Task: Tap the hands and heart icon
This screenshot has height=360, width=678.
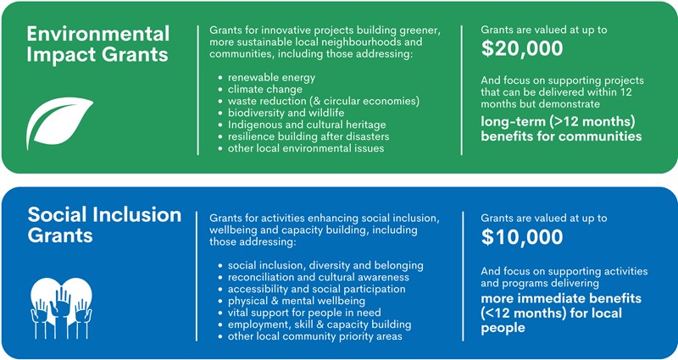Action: click(x=61, y=307)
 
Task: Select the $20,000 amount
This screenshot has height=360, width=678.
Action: click(x=522, y=48)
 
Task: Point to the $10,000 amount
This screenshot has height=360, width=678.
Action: click(x=522, y=237)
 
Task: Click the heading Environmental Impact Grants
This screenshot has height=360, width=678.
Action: click(x=98, y=45)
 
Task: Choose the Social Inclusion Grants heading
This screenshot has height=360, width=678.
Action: click(x=104, y=224)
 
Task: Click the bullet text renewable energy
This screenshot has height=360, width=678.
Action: click(x=271, y=78)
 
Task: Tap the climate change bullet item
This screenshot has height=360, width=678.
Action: click(x=265, y=90)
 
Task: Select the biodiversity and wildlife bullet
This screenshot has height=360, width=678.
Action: click(x=286, y=113)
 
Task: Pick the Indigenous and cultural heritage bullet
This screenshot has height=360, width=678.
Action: click(x=307, y=125)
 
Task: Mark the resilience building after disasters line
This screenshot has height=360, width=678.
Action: click(x=308, y=136)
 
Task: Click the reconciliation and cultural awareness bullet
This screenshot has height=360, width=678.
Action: click(x=319, y=277)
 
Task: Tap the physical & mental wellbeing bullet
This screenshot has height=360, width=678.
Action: click(x=297, y=301)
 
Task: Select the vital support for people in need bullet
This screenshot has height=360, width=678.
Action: click(x=304, y=313)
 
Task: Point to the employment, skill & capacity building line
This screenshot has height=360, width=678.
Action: click(x=320, y=324)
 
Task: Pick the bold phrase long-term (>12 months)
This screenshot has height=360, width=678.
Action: click(x=558, y=122)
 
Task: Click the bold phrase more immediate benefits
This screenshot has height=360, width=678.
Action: click(x=561, y=298)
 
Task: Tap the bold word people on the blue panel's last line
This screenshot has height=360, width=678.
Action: click(x=503, y=328)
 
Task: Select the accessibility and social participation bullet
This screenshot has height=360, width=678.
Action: click(x=317, y=289)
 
